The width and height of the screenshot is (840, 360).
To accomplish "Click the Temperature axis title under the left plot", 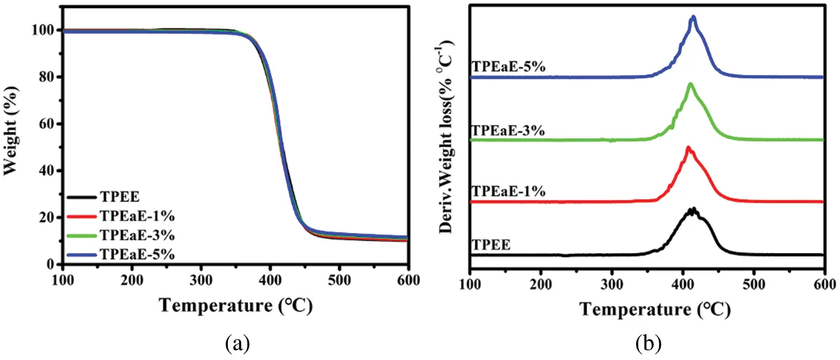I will tap(235, 305).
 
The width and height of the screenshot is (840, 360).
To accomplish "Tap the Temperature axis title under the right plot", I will tap(655, 308).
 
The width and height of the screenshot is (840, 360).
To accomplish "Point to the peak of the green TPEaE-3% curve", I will tap(690, 84).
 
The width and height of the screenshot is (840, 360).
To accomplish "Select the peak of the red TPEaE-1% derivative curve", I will tap(688, 147).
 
